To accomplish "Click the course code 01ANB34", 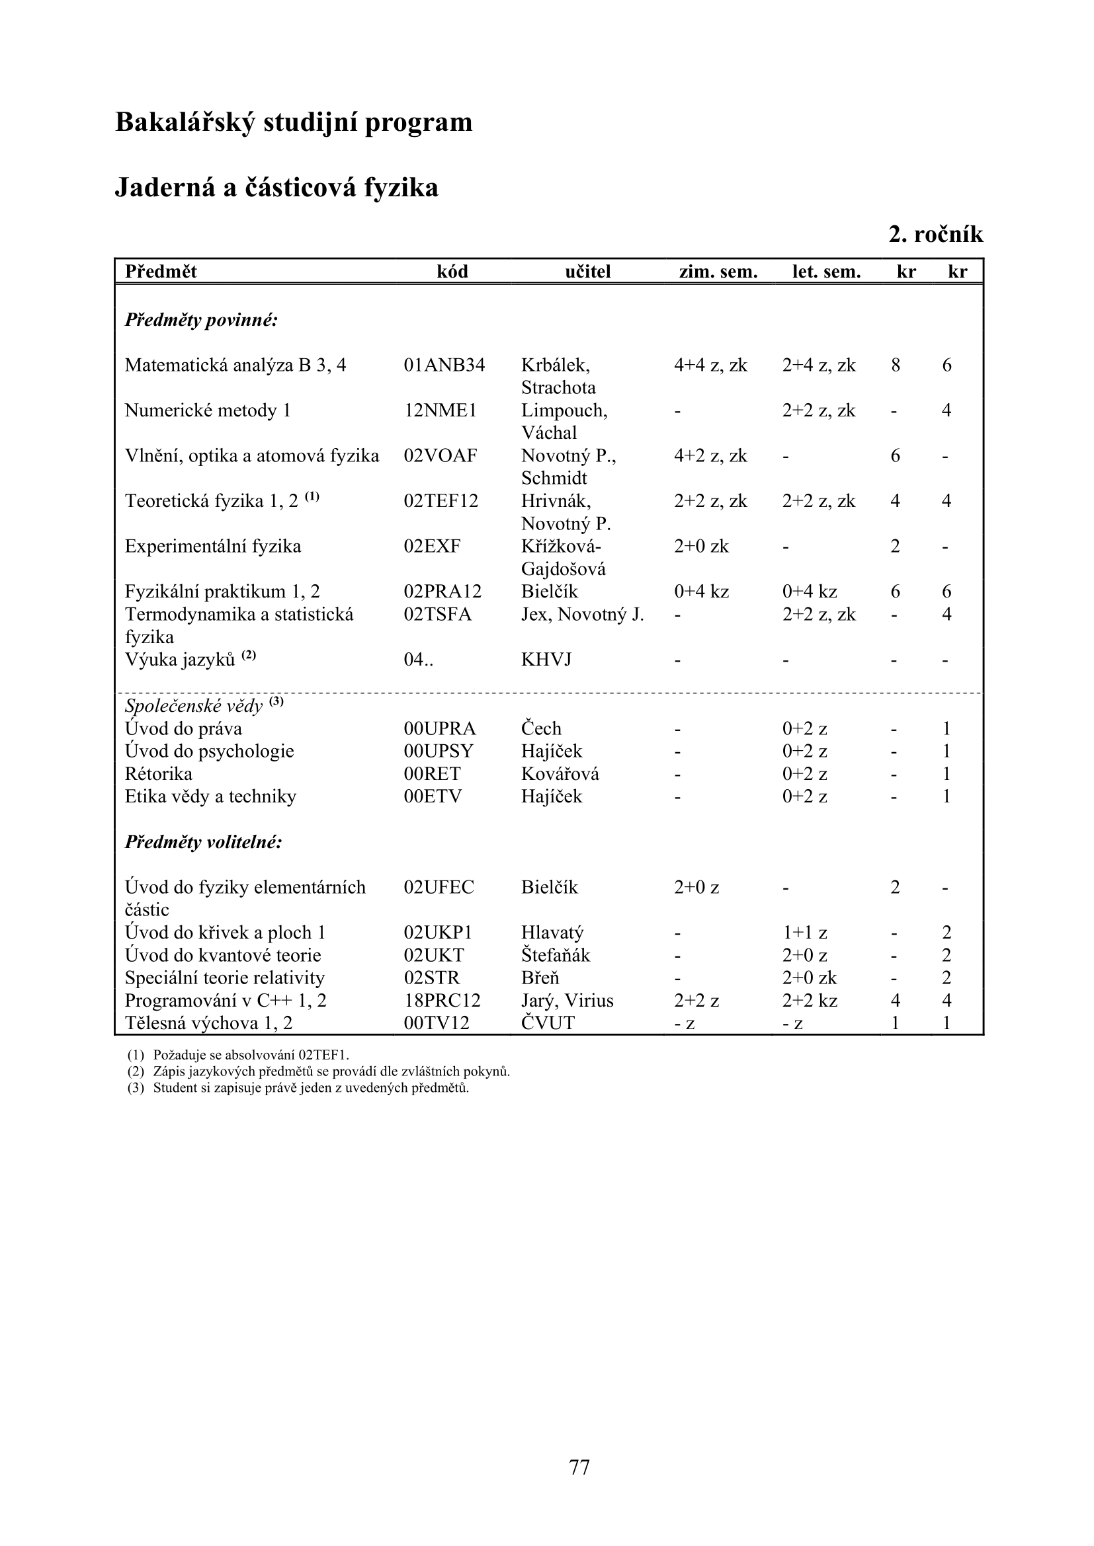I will pyautogui.click(x=444, y=365).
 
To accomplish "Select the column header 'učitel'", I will pyautogui.click(x=587, y=272).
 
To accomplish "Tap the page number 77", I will pyautogui.click(x=579, y=1467).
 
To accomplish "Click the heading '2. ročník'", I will pyautogui.click(x=936, y=235).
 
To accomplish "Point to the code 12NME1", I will pyautogui.click(x=440, y=410).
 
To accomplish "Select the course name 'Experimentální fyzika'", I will pyautogui.click(x=213, y=546).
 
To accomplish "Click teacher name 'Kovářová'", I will pyautogui.click(x=560, y=774).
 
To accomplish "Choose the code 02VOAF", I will pyautogui.click(x=440, y=456).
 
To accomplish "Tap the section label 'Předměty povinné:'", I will pyautogui.click(x=202, y=320).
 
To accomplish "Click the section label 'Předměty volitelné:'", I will pyautogui.click(x=204, y=841).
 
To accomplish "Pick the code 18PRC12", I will pyautogui.click(x=442, y=1001).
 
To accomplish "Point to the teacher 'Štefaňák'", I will pyautogui.click(x=555, y=955).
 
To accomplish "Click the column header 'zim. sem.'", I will pyautogui.click(x=718, y=272).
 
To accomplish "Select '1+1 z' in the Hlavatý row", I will pyautogui.click(x=804, y=933).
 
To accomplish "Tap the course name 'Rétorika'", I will pyautogui.click(x=158, y=774).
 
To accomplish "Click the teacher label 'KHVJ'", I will pyautogui.click(x=546, y=659).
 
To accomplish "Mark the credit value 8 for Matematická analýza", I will pyautogui.click(x=896, y=365).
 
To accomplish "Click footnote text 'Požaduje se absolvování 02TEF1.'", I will pyautogui.click(x=251, y=1055).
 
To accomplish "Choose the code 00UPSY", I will pyautogui.click(x=439, y=751).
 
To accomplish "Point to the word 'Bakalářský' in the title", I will pyautogui.click(x=185, y=122).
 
